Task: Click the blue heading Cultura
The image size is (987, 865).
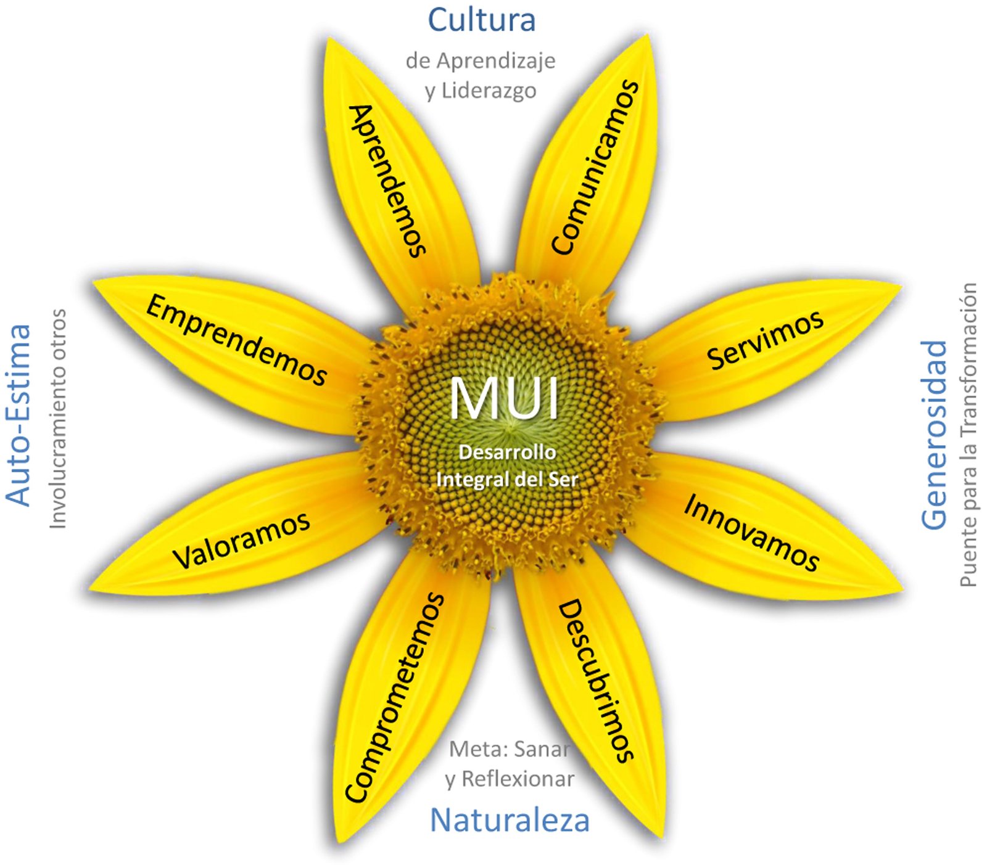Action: (481, 20)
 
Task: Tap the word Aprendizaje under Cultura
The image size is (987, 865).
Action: (496, 61)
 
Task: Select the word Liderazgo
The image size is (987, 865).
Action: (489, 91)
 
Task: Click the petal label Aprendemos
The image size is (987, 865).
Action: (387, 180)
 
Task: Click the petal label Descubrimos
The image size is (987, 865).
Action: (596, 681)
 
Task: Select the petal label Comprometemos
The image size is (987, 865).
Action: (395, 698)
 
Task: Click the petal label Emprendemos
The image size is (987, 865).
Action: (236, 340)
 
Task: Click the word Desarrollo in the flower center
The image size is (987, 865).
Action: (507, 453)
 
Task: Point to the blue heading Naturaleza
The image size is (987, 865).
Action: (510, 821)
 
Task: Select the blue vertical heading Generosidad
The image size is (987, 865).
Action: (934, 434)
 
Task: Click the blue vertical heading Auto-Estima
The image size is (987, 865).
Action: (19, 414)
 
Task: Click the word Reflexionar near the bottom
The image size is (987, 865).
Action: (518, 779)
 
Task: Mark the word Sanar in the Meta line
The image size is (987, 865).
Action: (541, 749)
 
